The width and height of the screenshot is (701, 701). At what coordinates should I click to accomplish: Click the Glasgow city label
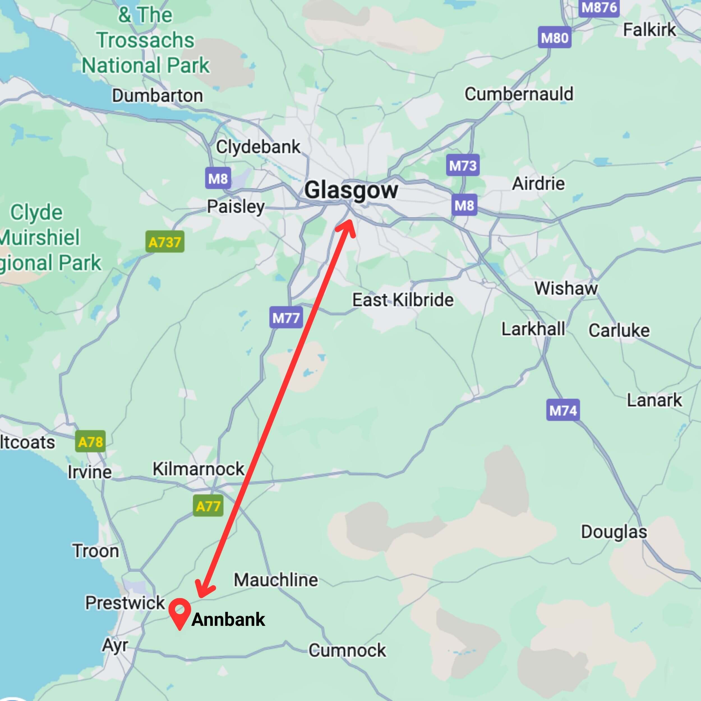click(351, 190)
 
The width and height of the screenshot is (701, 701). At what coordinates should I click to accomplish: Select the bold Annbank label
click(228, 619)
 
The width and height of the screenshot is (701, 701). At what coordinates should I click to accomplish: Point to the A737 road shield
click(165, 242)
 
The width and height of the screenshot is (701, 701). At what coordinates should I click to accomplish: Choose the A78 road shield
click(90, 442)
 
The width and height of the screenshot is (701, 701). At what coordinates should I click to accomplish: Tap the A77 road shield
click(208, 506)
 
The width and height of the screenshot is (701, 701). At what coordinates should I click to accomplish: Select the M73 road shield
click(463, 165)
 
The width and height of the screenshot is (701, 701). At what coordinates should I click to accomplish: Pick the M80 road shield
click(554, 37)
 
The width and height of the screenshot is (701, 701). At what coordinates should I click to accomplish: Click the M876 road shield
click(599, 8)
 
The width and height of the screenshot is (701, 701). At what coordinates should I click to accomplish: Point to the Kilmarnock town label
click(198, 469)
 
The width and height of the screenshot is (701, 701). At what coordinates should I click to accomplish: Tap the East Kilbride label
click(403, 300)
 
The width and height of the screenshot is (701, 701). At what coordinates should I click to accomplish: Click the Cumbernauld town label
click(519, 94)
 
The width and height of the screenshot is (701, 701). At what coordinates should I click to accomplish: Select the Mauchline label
click(276, 580)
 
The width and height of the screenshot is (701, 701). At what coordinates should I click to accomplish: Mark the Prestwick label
click(125, 603)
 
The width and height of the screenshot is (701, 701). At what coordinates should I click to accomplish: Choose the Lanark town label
click(654, 400)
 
